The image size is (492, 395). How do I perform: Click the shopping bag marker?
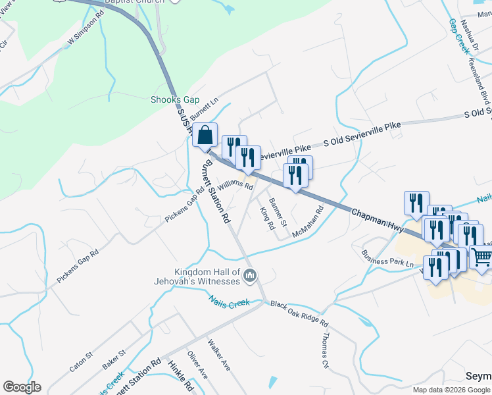205,135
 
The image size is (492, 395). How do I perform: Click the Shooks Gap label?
174,99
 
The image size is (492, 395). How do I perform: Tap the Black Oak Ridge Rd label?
299,313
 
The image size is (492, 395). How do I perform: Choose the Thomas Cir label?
324,350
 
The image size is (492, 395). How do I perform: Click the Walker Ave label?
219,354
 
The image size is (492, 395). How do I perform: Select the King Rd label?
267,218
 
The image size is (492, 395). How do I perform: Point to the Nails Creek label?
230,302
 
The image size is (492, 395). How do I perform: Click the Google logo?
22,387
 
